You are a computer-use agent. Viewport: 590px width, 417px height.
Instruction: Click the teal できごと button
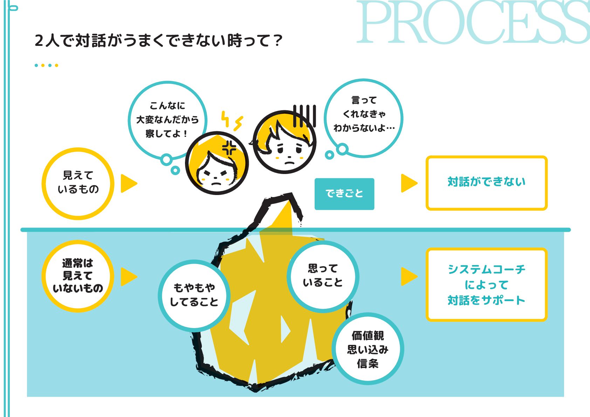point(344,194)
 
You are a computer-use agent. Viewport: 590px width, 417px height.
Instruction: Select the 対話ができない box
point(486,183)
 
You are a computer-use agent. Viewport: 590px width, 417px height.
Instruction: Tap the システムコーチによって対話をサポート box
point(486,284)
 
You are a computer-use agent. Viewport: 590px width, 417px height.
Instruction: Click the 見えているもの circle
point(78,183)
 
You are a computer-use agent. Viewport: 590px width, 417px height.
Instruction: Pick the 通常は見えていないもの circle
point(78,276)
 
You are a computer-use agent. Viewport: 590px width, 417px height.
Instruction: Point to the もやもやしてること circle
point(194,296)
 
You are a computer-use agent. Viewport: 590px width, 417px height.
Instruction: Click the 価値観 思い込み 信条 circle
point(368,349)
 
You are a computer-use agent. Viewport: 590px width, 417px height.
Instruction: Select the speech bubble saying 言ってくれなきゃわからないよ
point(364,116)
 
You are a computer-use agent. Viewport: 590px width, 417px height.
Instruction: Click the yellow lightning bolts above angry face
point(232,121)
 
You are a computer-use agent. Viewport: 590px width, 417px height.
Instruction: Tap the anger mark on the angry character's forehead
point(229,148)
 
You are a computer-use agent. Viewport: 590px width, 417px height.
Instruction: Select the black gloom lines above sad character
point(304,116)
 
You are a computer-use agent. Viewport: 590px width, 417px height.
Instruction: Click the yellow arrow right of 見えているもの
point(128,183)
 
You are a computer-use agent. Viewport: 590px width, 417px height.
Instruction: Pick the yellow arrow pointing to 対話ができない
point(409,183)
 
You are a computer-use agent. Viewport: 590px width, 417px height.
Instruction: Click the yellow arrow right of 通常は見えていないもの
point(128,277)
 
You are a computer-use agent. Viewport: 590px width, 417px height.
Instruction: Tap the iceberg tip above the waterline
point(279,212)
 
